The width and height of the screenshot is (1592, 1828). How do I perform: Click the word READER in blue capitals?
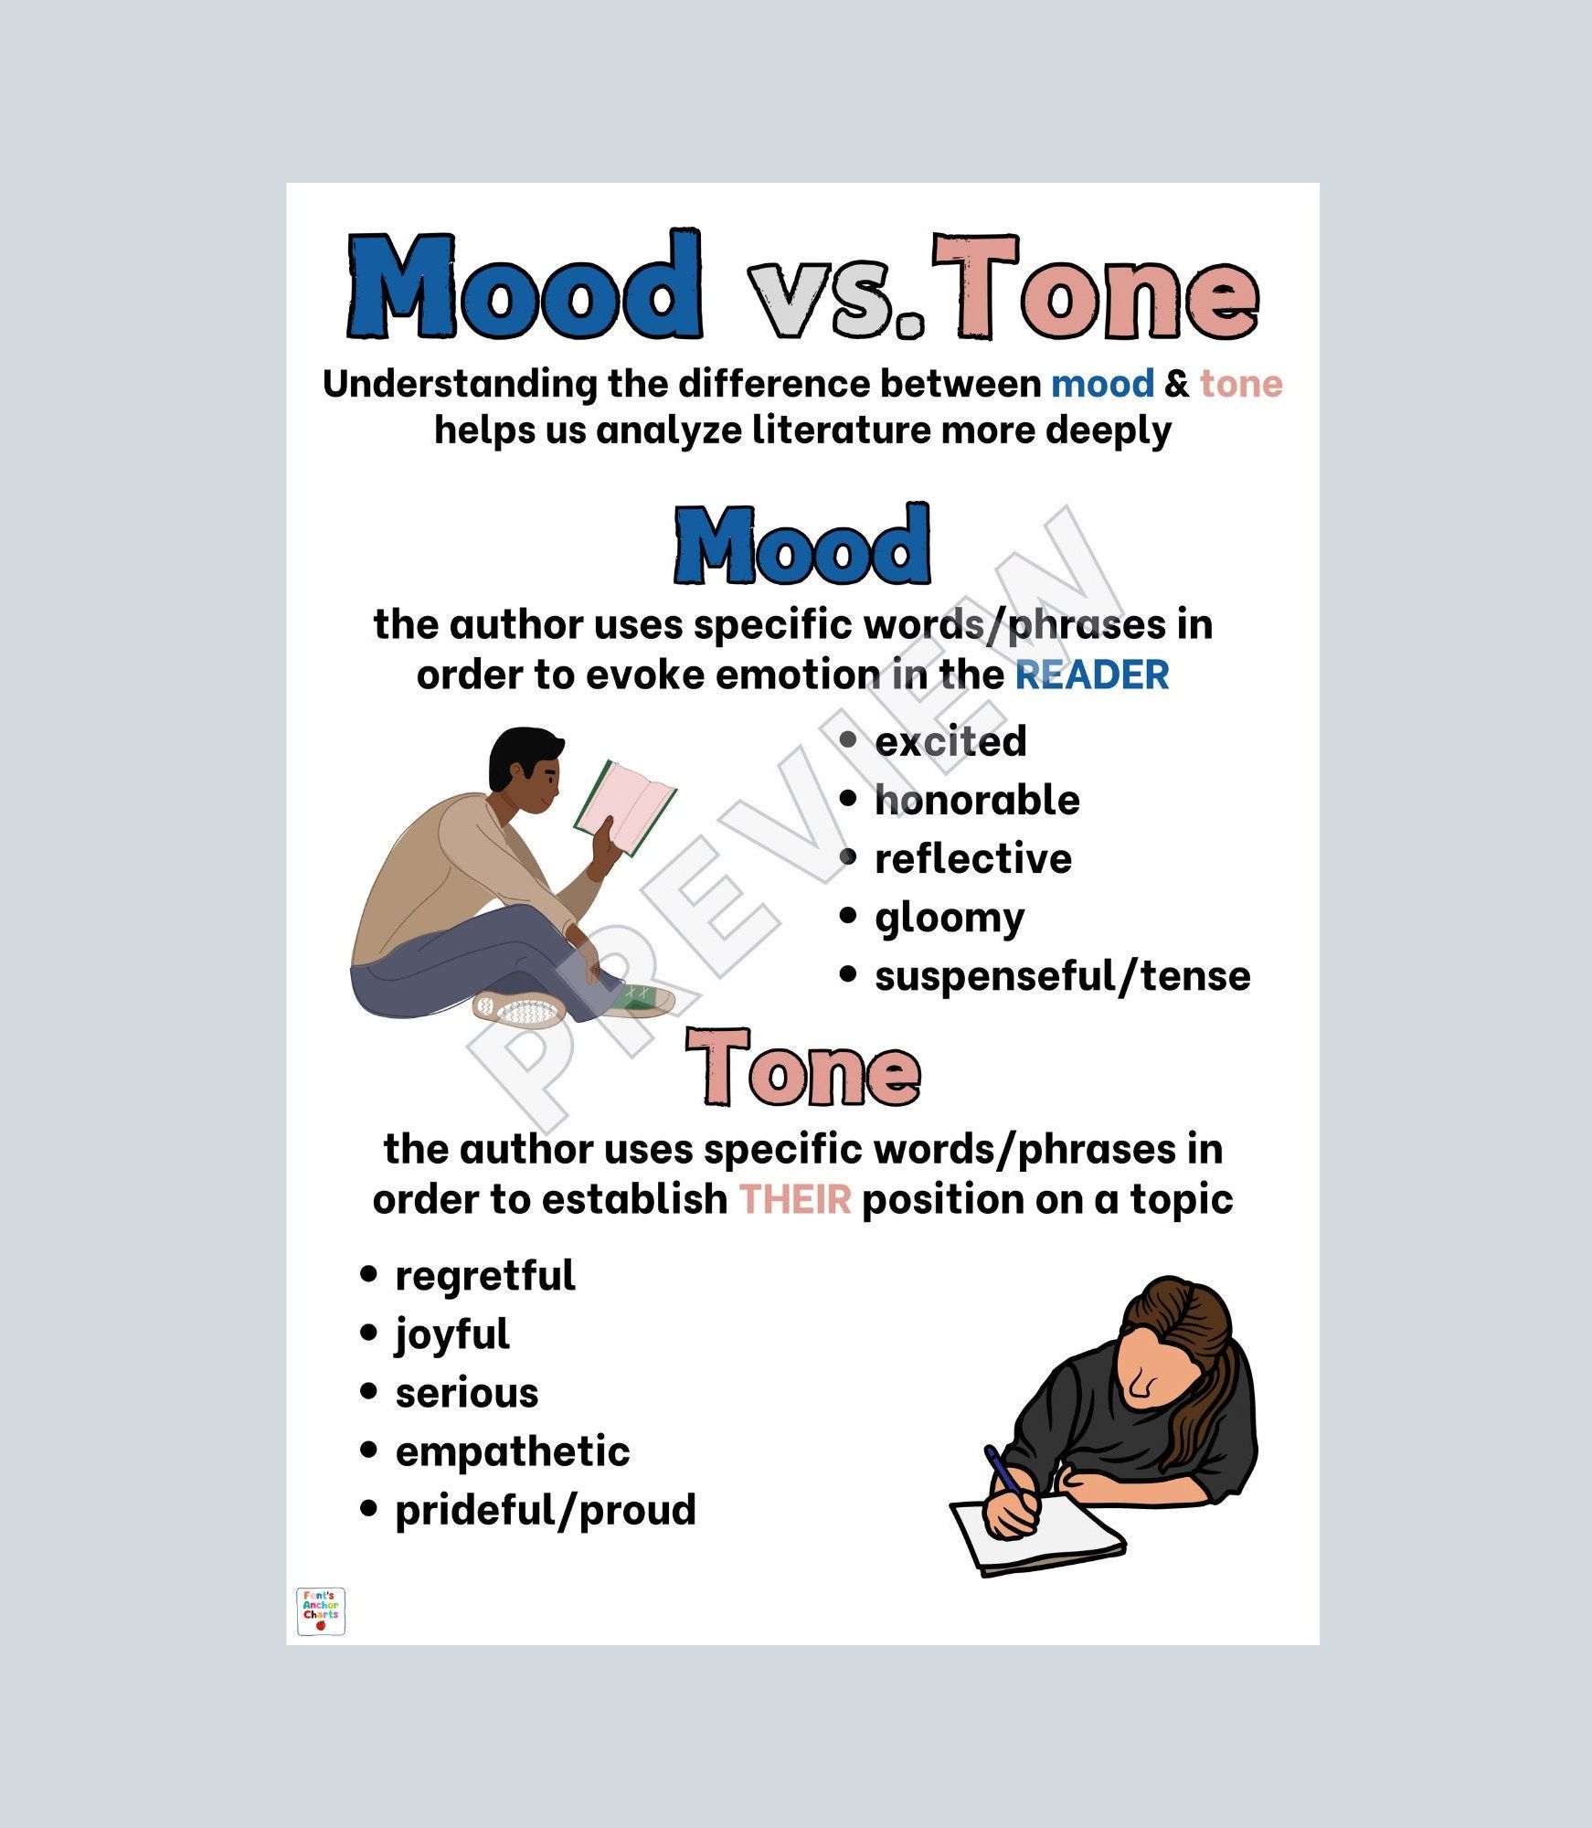[x=1092, y=675]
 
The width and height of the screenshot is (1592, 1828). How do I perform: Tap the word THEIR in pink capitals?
[x=795, y=1199]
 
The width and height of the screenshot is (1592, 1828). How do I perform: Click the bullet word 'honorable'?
[x=977, y=800]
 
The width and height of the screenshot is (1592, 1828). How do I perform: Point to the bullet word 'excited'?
[x=950, y=741]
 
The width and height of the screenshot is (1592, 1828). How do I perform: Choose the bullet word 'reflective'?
[x=973, y=858]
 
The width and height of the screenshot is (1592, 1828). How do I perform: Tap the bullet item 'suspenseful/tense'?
[x=1063, y=976]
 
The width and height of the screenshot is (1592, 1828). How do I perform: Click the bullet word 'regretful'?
[x=485, y=1277]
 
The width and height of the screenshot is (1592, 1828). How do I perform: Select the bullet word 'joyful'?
[x=452, y=1335]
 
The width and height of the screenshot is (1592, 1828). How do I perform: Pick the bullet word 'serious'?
[x=467, y=1394]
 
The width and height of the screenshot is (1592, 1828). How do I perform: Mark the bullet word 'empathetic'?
[x=513, y=1453]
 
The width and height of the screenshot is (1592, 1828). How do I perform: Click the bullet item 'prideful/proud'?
[x=546, y=1511]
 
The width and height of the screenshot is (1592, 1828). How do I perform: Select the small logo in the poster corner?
[x=321, y=1611]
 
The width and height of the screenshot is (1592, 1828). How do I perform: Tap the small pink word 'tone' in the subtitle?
[x=1241, y=384]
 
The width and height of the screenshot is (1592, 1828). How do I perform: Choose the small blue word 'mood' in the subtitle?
[x=1102, y=384]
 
